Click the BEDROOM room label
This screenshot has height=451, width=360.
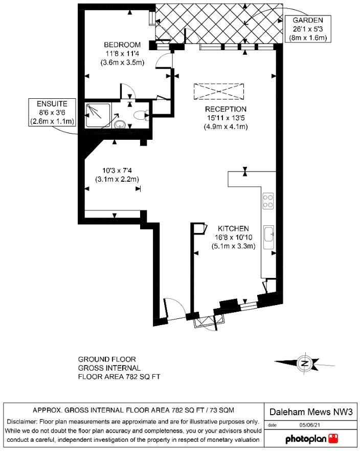122,45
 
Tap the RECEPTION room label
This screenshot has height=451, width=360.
226,110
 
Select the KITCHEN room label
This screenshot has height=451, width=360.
233,229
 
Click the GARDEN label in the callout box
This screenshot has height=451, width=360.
308,20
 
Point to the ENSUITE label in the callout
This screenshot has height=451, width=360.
52,104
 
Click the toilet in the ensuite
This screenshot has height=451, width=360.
141,115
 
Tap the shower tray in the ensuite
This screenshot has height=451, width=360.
98,115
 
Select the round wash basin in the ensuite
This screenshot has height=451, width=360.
120,125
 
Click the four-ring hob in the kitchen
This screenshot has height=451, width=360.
268,201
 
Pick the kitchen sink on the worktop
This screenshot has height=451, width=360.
269,238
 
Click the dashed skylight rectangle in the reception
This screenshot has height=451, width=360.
219,92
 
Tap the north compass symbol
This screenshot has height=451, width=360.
305,363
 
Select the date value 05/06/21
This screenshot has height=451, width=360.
309,425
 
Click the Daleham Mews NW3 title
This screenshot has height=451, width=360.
311,412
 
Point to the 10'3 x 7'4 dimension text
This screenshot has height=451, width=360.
117,170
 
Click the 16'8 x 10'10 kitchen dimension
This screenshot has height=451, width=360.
233,238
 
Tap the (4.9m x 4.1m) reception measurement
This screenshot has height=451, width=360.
226,126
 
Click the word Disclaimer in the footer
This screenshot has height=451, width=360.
22,422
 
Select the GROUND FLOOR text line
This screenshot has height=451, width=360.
107,359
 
